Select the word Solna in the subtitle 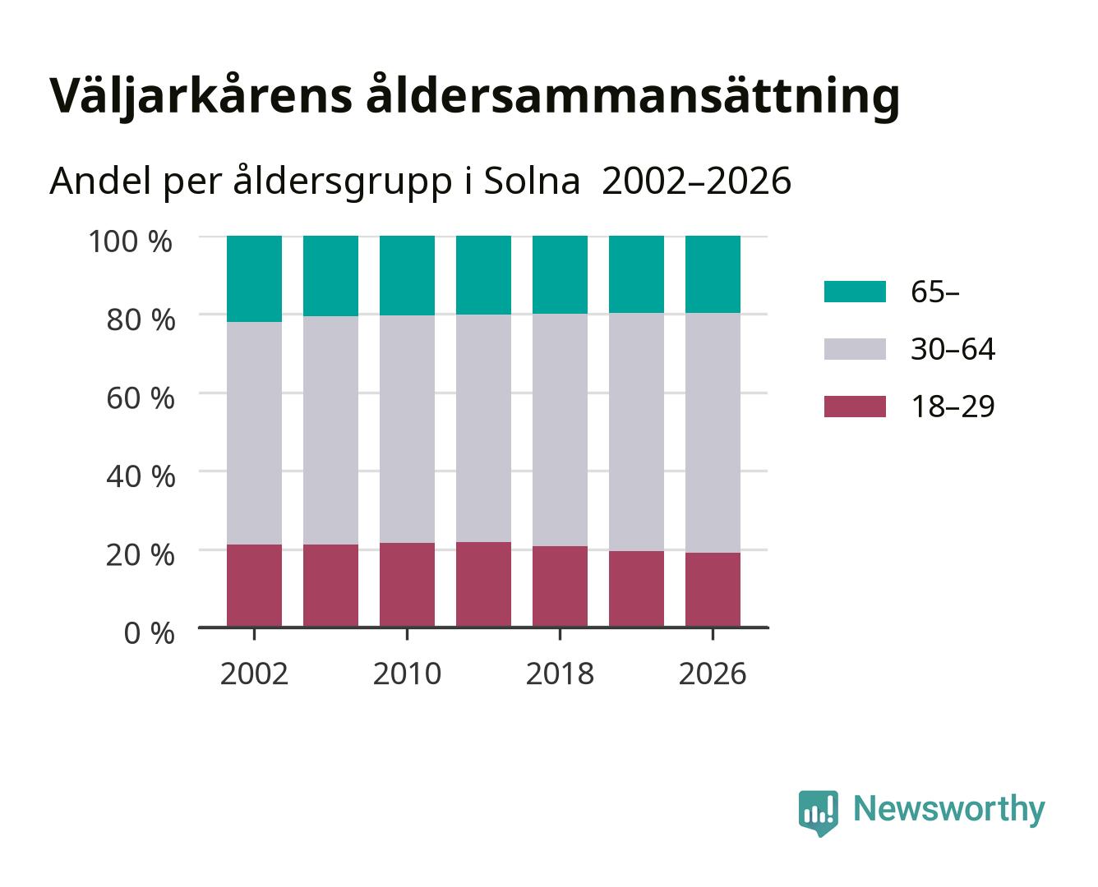point(531,182)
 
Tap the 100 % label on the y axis point(131,241)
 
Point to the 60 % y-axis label point(141,398)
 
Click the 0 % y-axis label point(149,633)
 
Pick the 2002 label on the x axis point(254,673)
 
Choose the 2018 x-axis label point(560,673)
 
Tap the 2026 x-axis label point(713,673)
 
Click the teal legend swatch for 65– point(855,292)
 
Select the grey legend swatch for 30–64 point(855,349)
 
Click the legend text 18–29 point(953,407)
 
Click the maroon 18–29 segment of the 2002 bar point(254,586)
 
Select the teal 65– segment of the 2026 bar point(713,274)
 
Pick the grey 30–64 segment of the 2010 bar point(407,429)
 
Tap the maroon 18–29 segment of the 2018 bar point(560,586)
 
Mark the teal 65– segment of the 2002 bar point(254,278)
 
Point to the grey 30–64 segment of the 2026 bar point(713,433)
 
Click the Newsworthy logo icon point(818,813)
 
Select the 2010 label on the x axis point(407,673)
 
